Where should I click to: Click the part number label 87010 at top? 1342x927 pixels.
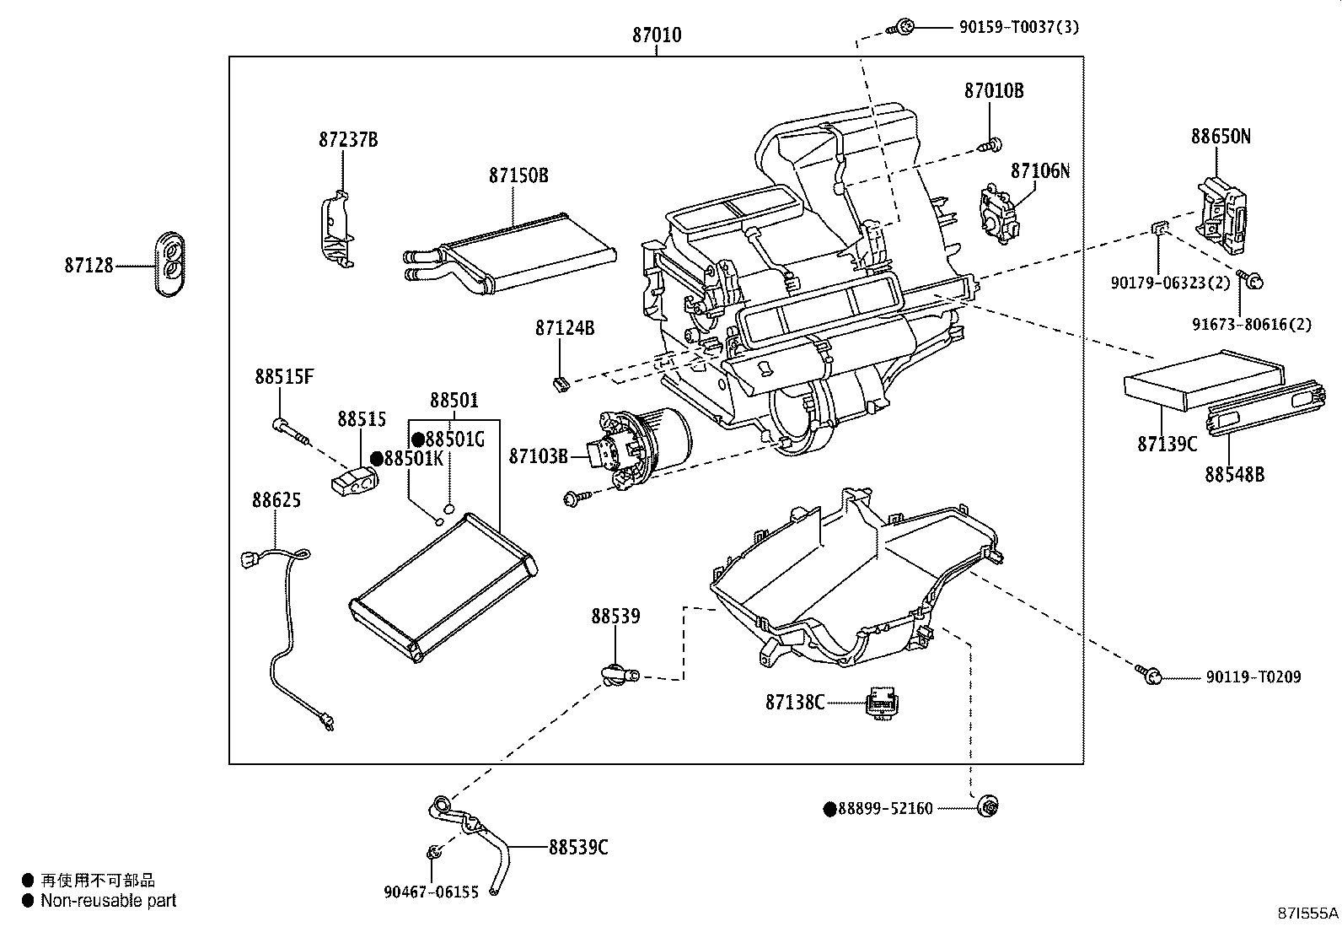coord(657,35)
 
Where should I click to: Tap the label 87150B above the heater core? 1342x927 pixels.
coord(518,175)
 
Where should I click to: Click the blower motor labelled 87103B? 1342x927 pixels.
coord(645,442)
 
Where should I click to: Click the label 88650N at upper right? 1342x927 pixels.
coord(1221,136)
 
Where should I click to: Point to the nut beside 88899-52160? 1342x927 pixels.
coord(987,807)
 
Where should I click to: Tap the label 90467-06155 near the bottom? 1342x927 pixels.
coord(431,892)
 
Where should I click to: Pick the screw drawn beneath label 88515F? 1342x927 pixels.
coord(292,431)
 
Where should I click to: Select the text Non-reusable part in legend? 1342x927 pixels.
coord(109,901)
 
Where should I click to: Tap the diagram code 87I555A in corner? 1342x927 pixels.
coord(1307,913)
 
